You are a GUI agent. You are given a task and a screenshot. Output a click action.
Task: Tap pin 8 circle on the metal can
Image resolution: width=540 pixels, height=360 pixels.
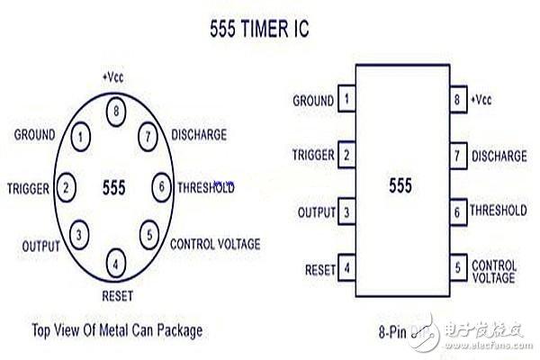pos(116,112)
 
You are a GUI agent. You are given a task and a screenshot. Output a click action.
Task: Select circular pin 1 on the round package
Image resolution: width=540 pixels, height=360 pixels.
pos(81,138)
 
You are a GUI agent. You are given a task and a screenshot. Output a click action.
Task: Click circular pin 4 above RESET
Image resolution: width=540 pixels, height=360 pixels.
pos(116,265)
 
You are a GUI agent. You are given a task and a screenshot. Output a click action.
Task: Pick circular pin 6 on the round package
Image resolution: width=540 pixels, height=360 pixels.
pos(161,187)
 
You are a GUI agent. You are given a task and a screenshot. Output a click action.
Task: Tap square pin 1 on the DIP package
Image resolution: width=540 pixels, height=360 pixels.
pos(346,98)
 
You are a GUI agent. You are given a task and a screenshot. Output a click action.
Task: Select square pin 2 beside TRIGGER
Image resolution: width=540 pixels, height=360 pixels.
pos(346,156)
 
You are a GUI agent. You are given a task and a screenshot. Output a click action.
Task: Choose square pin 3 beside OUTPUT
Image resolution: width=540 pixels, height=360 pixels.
pos(346,212)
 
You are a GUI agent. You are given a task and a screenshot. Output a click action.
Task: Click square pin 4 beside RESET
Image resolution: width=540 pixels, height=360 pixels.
pos(346,267)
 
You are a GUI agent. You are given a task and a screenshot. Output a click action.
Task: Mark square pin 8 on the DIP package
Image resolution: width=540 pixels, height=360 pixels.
pos(457,98)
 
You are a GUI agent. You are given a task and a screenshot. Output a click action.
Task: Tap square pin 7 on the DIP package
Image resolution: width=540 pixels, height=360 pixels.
pos(457,156)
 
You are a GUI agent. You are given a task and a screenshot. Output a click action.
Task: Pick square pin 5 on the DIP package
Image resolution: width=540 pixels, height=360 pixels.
pos(457,267)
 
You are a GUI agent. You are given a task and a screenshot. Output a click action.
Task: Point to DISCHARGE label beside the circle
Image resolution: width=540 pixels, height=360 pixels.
pos(199,136)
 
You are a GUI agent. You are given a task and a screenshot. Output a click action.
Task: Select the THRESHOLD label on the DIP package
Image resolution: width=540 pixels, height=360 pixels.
pos(499,211)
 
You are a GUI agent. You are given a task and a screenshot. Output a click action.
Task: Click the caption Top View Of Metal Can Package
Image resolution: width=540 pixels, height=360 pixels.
pos(117,329)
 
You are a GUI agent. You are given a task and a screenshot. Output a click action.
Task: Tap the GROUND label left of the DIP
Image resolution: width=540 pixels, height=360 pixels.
pos(313,99)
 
